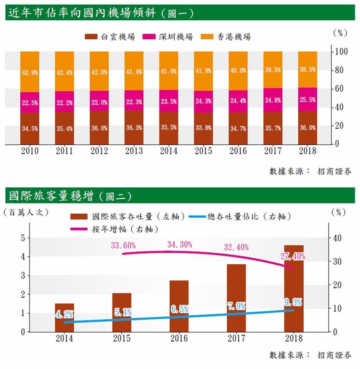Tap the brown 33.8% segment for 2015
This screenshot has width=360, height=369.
click(203, 129)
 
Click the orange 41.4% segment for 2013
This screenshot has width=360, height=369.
click(134, 71)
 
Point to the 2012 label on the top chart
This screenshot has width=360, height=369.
click(99, 151)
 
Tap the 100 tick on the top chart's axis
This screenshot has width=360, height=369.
click(341, 52)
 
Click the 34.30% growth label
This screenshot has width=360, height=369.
click(180, 244)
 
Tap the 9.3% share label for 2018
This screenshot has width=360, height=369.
click(293, 302)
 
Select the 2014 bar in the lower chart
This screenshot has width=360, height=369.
click(64, 317)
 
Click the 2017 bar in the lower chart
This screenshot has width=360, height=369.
click(236, 298)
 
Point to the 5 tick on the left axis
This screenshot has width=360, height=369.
click(22, 238)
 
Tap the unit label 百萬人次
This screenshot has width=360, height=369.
click(25, 213)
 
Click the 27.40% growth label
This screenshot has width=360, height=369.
click(292, 256)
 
